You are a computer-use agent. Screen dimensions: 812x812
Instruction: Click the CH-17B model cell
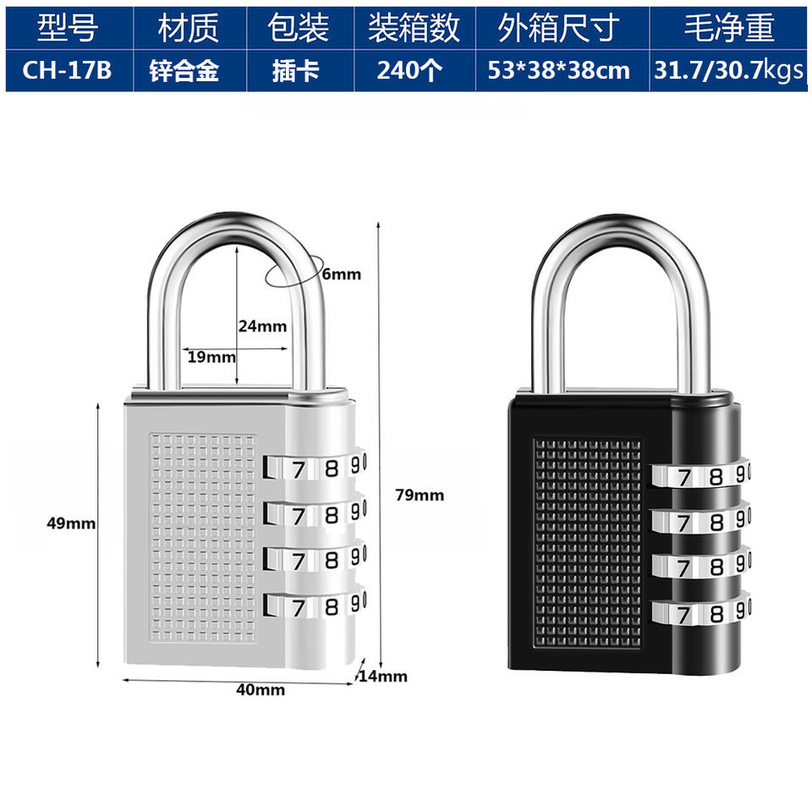point(69,71)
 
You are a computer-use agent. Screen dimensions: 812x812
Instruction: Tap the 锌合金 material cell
point(189,71)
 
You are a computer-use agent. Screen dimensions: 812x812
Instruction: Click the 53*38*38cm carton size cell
point(559,71)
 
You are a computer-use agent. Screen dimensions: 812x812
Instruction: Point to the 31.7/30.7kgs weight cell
point(727,71)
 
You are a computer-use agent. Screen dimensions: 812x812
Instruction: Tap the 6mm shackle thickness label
point(341,274)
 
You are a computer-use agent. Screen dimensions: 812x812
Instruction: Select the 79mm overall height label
point(419,496)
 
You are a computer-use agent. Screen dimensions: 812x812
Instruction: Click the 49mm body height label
point(71,524)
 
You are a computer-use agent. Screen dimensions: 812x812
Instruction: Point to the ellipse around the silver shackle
point(288,273)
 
